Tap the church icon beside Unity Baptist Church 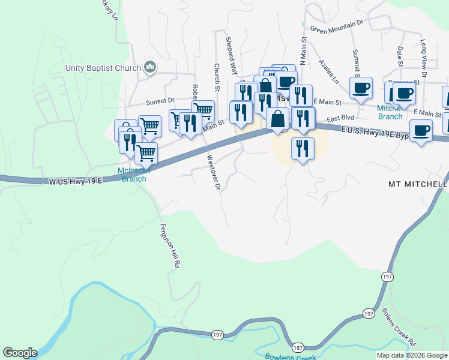pos(150,68)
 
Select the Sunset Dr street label pos(161,101)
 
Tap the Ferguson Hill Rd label pos(170,245)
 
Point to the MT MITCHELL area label pos(418,184)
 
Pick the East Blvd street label pos(341,118)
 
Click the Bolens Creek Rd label pos(399,326)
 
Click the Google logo pos(20,353)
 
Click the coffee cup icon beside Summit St pos(361,88)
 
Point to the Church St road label pos(217,79)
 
